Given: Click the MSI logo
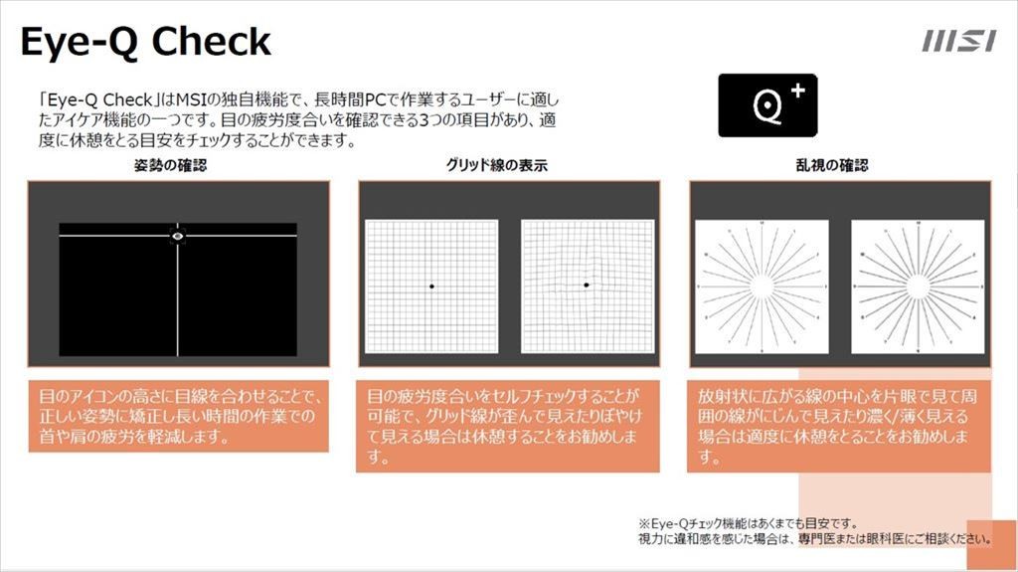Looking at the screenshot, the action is point(959,41).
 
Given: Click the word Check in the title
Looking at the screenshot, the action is point(211,42).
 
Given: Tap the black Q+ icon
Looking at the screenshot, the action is point(767,105).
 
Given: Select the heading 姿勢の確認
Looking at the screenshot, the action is point(170,165).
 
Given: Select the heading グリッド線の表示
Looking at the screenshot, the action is point(497,165).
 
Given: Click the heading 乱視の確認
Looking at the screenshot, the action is point(832,165).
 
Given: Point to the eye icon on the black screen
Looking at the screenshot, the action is point(178,235).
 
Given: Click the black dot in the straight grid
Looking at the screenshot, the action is point(431,286).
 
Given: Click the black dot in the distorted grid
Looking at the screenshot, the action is point(587,285).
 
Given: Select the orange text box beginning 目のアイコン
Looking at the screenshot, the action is point(179,416).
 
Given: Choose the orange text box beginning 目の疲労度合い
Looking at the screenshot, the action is point(508,426).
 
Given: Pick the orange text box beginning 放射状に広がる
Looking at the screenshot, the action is point(839,426).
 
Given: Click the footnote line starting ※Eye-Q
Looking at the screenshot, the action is point(748,523).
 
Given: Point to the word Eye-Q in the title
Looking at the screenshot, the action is point(79,43).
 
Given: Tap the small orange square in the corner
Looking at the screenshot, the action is point(991,545).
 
